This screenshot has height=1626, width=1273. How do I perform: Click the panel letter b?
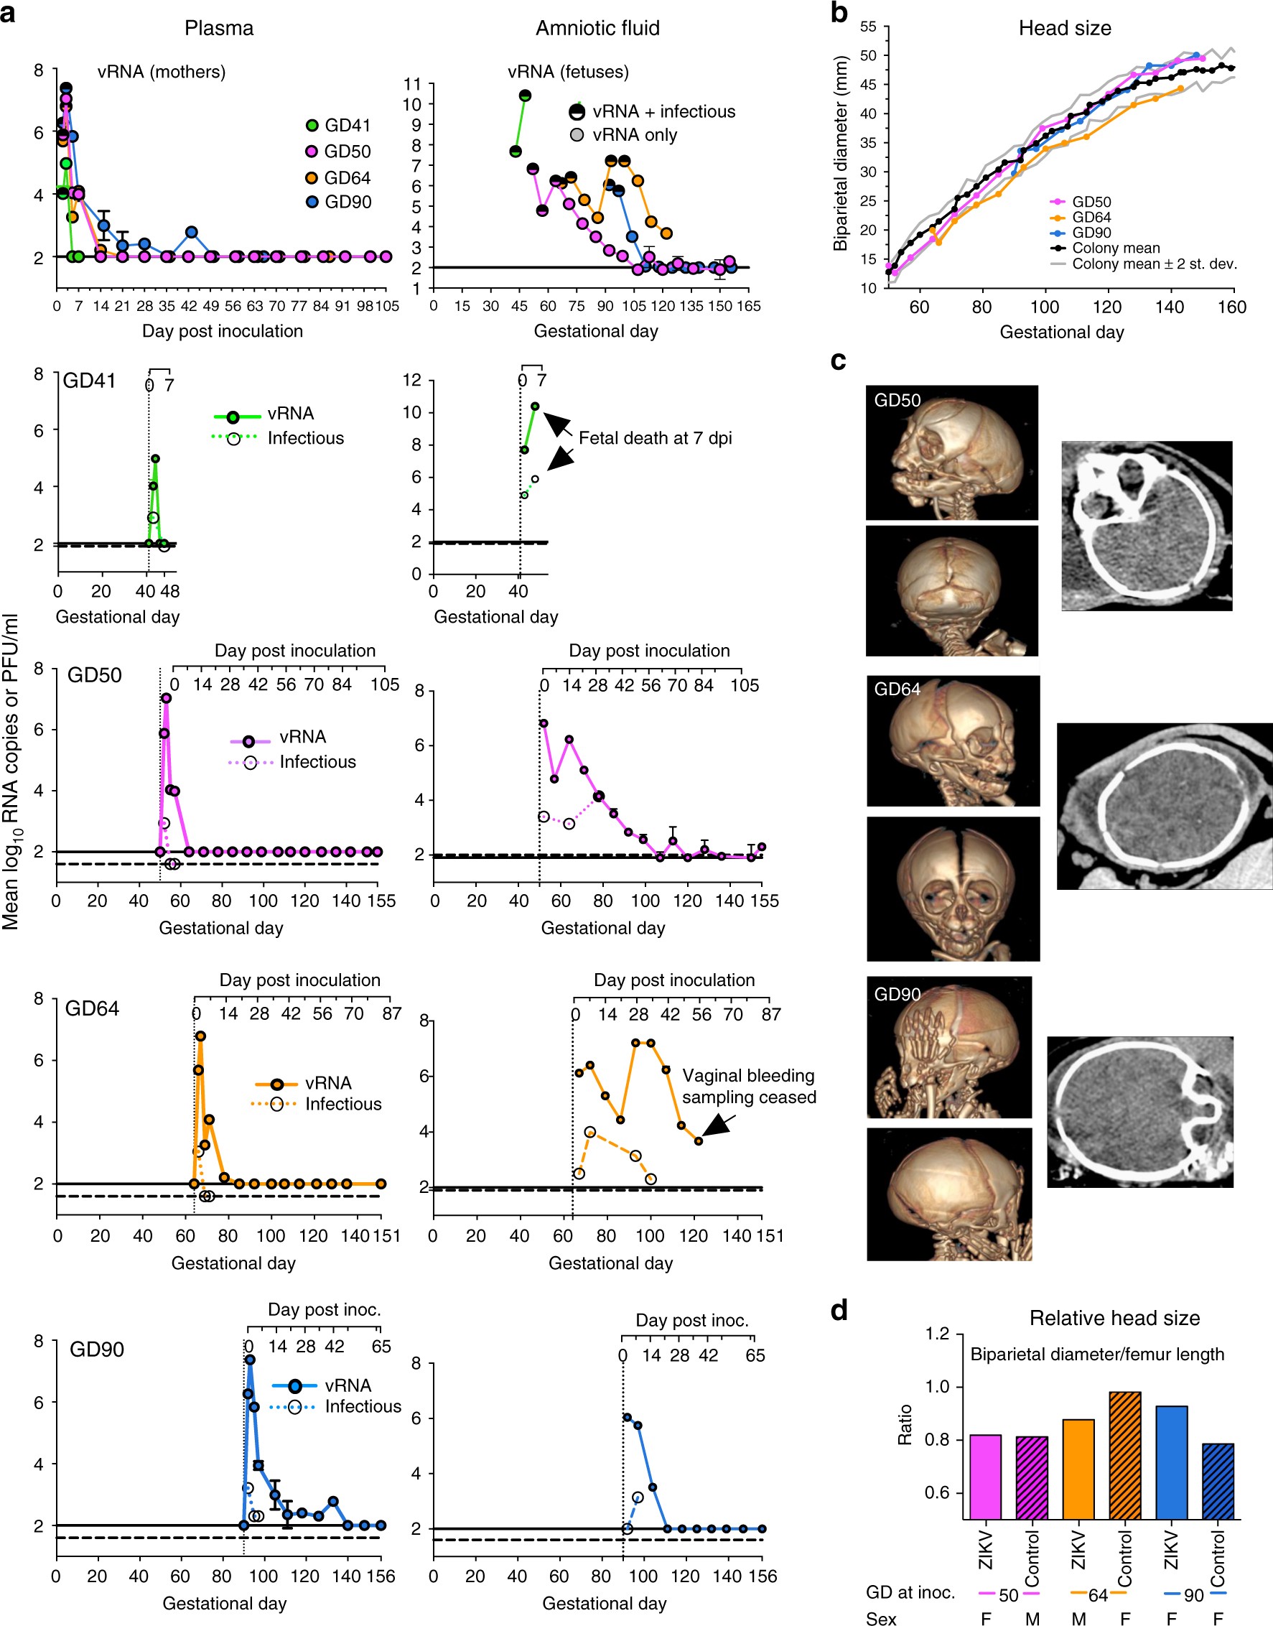point(839,13)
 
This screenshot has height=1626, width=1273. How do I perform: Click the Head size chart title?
point(1064,28)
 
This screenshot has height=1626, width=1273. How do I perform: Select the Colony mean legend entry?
point(1115,248)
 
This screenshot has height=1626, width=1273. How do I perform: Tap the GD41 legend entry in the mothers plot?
point(347,125)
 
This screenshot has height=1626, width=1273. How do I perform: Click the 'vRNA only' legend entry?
point(633,135)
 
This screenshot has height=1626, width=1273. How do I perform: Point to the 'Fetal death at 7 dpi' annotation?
point(654,438)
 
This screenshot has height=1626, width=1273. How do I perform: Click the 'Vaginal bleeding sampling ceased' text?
point(748,1086)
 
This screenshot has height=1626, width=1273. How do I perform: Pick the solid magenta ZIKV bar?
point(985,1476)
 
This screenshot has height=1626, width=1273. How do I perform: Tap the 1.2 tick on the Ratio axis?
point(937,1334)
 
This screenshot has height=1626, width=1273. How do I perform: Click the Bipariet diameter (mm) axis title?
point(841,153)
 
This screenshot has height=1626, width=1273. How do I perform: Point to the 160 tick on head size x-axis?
point(1231,307)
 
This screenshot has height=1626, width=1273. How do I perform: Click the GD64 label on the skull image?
point(897,689)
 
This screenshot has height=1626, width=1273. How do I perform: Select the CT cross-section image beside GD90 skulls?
point(1139,1111)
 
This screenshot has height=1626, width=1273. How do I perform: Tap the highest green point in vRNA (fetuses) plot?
point(525,96)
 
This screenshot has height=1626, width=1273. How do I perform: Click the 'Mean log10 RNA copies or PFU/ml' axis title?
point(11,771)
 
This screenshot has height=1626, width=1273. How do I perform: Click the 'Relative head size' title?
point(1114,1318)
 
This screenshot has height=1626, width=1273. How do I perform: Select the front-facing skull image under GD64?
point(953,888)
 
